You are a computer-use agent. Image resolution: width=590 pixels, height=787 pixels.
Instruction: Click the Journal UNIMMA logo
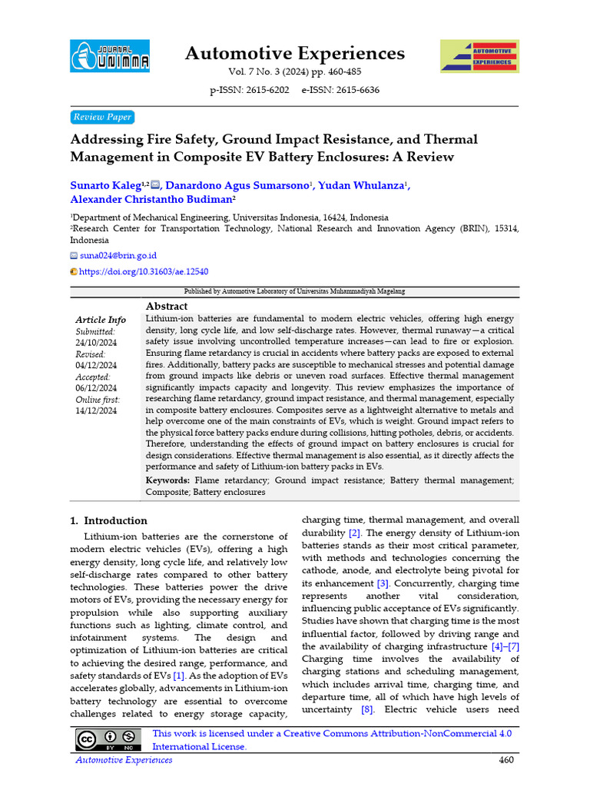click(110, 55)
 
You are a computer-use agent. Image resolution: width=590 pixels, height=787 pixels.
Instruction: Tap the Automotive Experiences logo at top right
click(479, 55)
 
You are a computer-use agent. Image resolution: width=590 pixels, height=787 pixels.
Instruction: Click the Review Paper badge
click(101, 117)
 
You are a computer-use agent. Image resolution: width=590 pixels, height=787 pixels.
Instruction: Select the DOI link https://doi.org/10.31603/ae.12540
click(143, 271)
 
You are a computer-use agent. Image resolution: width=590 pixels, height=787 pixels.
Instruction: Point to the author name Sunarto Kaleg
click(107, 185)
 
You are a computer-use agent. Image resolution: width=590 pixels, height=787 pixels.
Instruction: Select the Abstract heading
click(167, 305)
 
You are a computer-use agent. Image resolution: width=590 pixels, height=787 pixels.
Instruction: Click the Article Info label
click(101, 320)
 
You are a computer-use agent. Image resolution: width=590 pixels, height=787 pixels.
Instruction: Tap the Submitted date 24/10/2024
click(96, 342)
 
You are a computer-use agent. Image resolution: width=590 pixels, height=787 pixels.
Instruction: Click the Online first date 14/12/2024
click(96, 411)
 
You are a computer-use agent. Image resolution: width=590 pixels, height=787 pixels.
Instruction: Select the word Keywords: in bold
click(168, 480)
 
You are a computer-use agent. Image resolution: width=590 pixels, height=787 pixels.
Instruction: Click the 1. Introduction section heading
click(108, 520)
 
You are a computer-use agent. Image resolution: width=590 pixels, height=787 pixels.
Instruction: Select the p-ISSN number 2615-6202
click(249, 90)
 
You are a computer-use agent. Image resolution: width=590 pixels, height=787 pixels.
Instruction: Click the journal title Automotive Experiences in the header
click(294, 53)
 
